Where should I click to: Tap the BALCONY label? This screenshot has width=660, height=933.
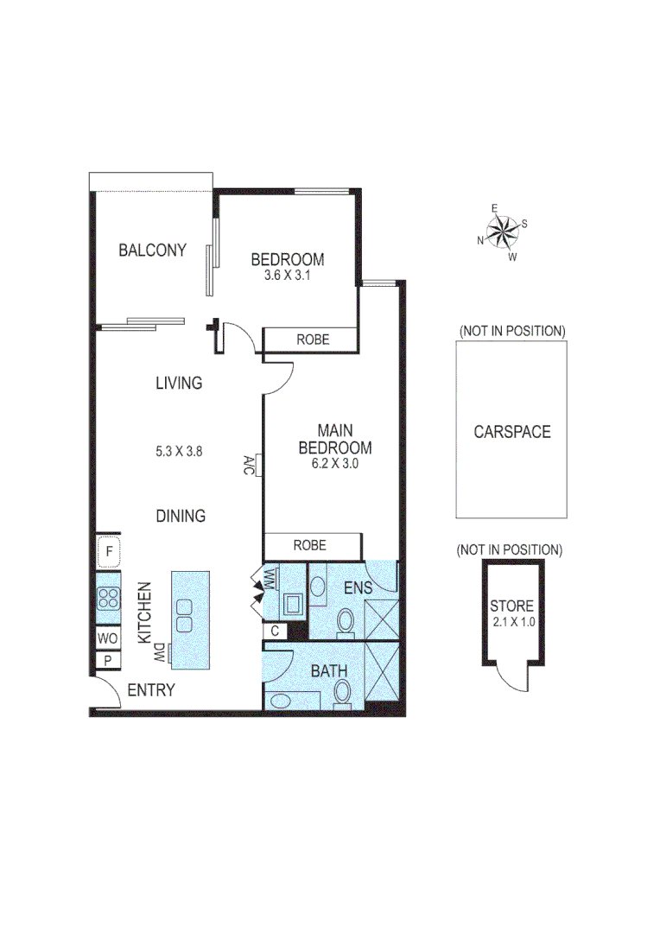pyautogui.click(x=153, y=251)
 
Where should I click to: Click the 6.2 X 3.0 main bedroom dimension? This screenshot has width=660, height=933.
pyautogui.click(x=335, y=463)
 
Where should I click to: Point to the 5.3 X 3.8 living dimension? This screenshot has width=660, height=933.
pyautogui.click(x=179, y=450)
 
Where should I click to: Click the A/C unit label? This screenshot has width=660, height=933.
pyautogui.click(x=248, y=466)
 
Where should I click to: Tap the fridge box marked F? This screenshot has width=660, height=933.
pyautogui.click(x=109, y=551)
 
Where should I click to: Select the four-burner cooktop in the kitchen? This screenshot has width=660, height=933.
pyautogui.click(x=110, y=599)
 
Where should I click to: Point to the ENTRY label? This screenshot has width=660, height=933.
pyautogui.click(x=151, y=690)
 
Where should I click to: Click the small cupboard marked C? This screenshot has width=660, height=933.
pyautogui.click(x=275, y=631)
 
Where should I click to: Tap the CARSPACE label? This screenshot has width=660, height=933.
pyautogui.click(x=511, y=432)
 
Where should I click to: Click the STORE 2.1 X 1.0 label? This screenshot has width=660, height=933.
pyautogui.click(x=511, y=612)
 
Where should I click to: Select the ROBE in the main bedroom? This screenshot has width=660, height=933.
pyautogui.click(x=309, y=545)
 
